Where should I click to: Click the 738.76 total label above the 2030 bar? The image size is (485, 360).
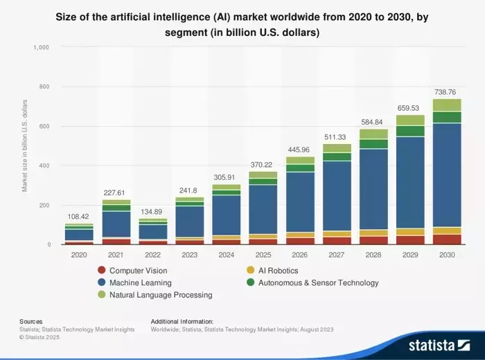pos(446,92)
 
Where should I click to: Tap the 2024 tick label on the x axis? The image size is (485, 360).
pos(226,255)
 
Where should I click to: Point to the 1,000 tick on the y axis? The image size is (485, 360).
pos(42,47)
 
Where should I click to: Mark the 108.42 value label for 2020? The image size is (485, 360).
pos(80,217)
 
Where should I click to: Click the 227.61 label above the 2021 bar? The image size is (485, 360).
pos(116,193)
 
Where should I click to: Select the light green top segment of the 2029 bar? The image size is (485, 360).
pos(409,120)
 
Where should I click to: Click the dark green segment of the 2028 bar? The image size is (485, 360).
pos(373,144)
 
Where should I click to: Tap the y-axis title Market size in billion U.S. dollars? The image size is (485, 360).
pos(25,145)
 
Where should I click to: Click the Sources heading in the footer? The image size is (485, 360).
pos(31,321)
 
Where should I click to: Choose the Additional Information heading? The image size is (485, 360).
pos(182,321)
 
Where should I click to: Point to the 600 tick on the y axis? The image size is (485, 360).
pos(45,126)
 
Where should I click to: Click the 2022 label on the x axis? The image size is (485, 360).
pos(153,255)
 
